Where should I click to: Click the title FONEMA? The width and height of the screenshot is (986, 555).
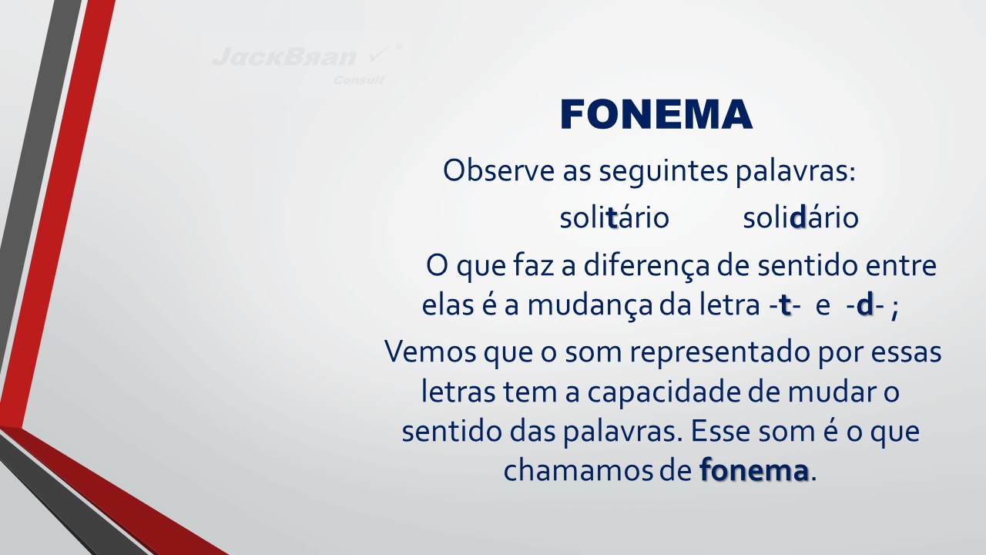point(656,114)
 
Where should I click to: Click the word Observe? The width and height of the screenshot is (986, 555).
point(498,170)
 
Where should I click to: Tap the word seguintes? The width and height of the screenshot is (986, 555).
point(663,172)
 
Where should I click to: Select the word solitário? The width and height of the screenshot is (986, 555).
point(615,217)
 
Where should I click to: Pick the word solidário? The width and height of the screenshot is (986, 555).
point(800,217)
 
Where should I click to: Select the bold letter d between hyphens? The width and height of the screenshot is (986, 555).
point(865,304)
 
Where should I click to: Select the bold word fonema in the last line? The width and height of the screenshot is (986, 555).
point(754,470)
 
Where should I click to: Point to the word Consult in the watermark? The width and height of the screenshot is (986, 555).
point(359,80)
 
